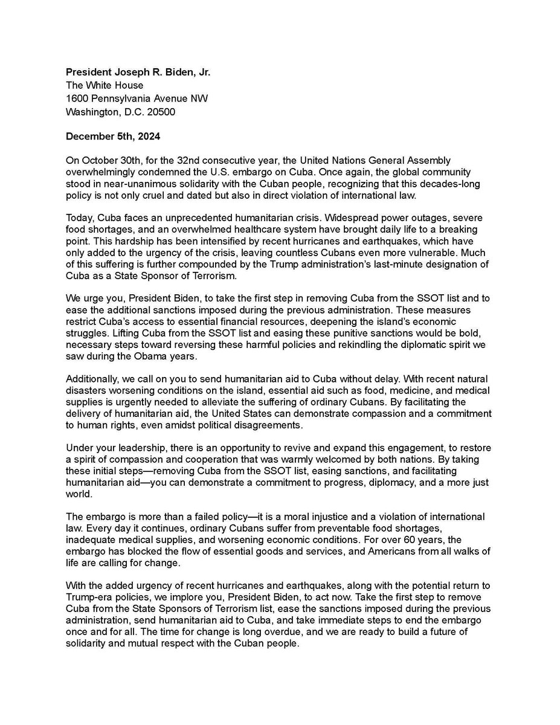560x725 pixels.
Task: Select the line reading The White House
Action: [105, 85]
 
